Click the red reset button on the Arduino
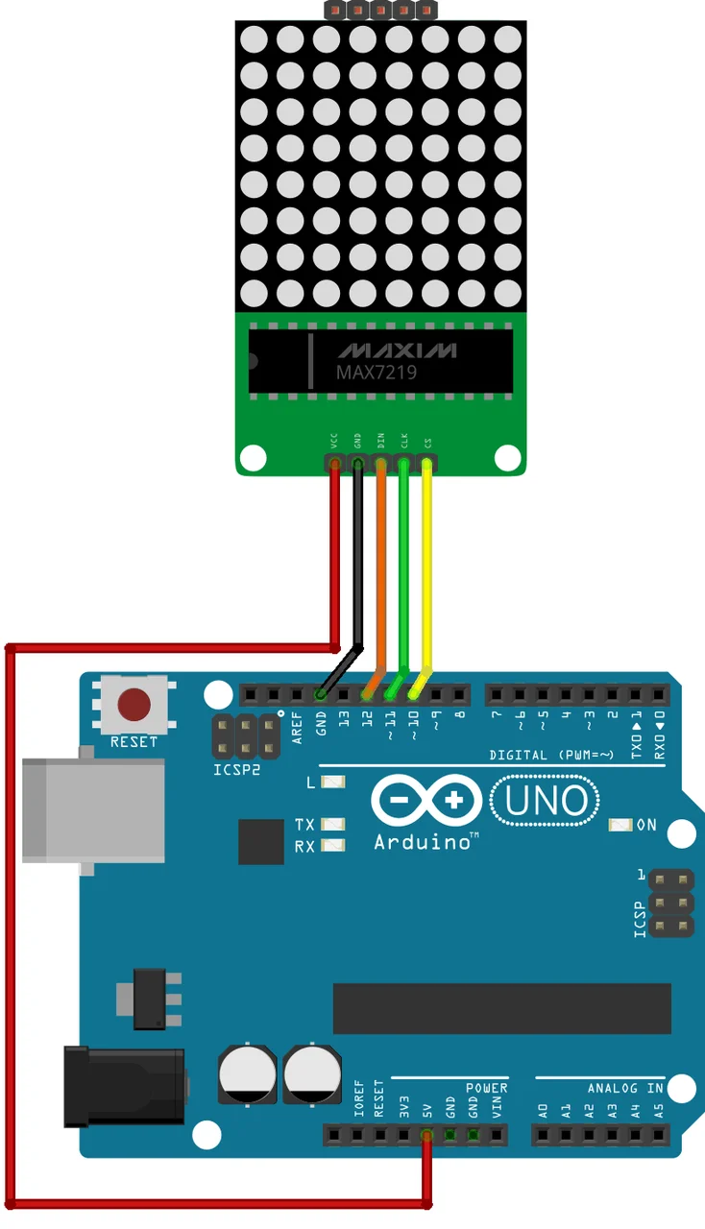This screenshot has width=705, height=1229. (134, 705)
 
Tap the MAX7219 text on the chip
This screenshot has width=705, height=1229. (377, 372)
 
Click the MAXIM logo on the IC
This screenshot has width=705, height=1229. (397, 349)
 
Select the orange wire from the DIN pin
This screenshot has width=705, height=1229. (380, 566)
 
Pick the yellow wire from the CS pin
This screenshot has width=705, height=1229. (427, 566)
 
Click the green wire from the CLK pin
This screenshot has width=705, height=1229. (403, 566)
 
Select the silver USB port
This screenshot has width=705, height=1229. (92, 810)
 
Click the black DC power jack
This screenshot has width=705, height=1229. (123, 1087)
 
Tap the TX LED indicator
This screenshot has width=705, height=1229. (333, 825)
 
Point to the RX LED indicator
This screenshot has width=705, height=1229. (333, 846)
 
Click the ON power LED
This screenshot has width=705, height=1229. (621, 825)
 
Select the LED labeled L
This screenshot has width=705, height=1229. (333, 783)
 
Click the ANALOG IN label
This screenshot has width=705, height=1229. (625, 1088)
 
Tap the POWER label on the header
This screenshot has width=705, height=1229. (487, 1088)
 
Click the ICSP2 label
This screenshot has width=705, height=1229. (236, 769)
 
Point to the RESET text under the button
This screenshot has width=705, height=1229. (134, 741)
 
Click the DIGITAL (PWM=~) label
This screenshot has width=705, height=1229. (550, 755)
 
